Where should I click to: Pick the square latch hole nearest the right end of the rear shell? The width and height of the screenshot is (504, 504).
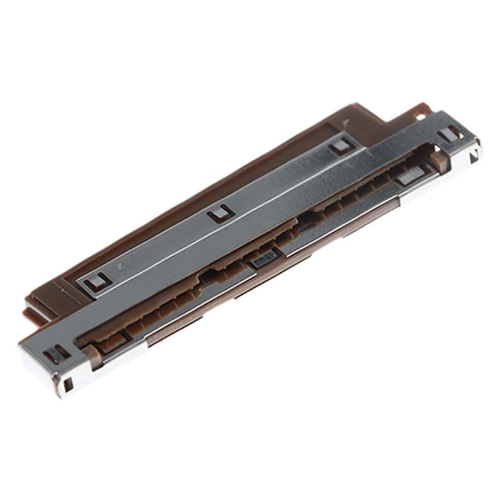coord(340,146)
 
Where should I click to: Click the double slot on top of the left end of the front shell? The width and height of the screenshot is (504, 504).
coord(57,353)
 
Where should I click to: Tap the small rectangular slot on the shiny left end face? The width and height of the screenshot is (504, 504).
coord(69,383)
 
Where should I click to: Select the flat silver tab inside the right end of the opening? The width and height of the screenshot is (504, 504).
coord(409,177)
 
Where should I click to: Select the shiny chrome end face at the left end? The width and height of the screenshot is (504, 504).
coord(47,372)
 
